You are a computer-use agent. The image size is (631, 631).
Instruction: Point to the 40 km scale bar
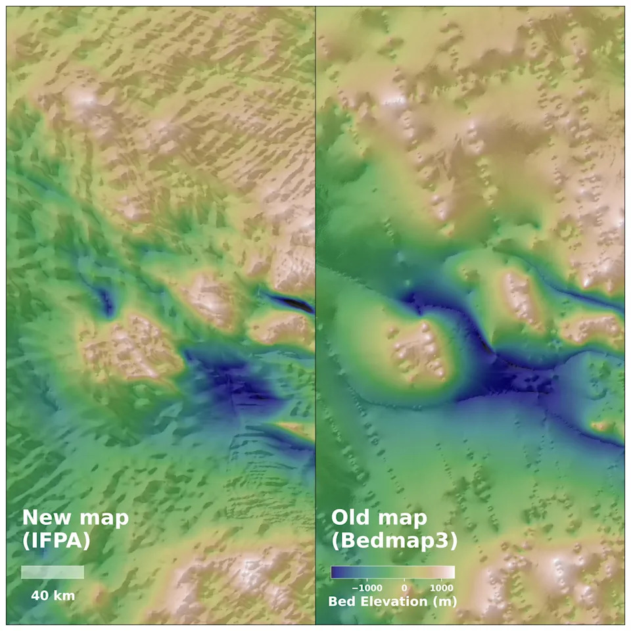tap(52, 572)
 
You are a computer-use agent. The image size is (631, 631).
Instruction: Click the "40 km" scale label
tap(53, 596)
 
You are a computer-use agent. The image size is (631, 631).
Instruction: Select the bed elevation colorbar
tap(392, 572)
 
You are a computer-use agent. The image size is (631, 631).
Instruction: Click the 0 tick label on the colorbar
tap(404, 588)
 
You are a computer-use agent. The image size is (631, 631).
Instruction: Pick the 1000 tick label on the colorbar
tap(441, 588)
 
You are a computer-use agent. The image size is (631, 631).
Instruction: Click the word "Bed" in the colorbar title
tap(341, 601)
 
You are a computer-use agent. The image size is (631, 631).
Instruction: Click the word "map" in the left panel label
tap(103, 517)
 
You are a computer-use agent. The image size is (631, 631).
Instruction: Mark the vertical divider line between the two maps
tap(315, 315)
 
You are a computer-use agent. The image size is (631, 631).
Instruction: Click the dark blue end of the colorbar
tap(335, 572)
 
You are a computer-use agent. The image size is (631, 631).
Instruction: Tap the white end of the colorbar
tap(451, 572)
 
